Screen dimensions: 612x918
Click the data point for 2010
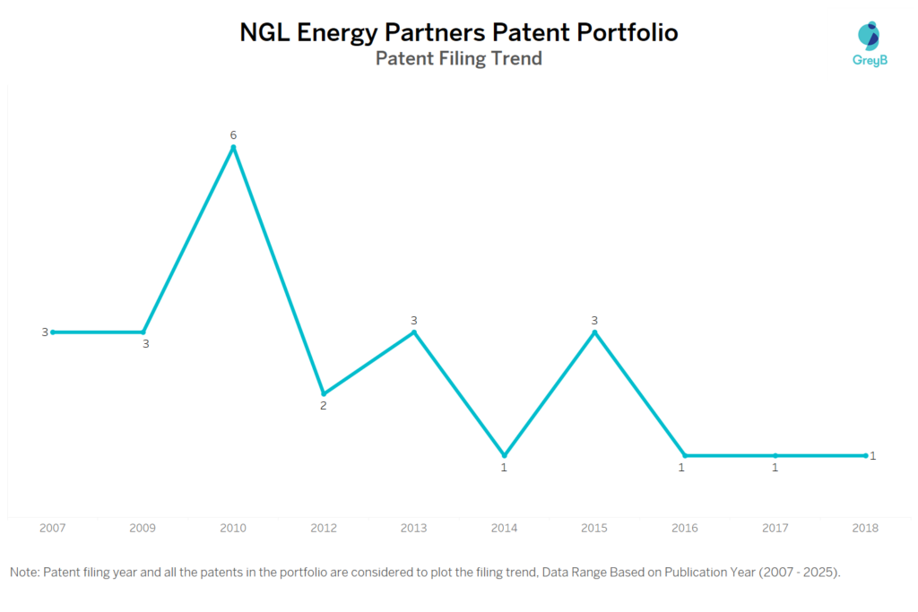click(233, 147)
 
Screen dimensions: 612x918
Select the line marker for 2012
click(324, 393)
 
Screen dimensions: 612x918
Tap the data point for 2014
click(504, 455)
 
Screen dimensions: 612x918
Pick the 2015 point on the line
click(594, 332)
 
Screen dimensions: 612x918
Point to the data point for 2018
click(865, 455)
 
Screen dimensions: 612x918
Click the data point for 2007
click(53, 332)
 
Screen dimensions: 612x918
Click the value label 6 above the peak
click(233, 134)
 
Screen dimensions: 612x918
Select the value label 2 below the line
click(324, 406)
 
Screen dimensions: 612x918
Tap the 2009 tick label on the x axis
click(143, 528)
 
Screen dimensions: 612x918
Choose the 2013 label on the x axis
click(413, 528)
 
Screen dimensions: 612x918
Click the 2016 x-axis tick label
click(685, 528)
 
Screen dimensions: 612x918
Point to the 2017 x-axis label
click(775, 528)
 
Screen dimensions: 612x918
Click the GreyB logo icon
click(869, 35)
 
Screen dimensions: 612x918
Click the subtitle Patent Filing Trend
click(458, 59)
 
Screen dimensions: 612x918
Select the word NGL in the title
click(265, 33)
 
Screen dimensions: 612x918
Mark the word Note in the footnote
click(24, 572)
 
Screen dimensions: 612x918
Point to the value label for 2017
click(775, 468)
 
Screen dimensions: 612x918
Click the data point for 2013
click(413, 332)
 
